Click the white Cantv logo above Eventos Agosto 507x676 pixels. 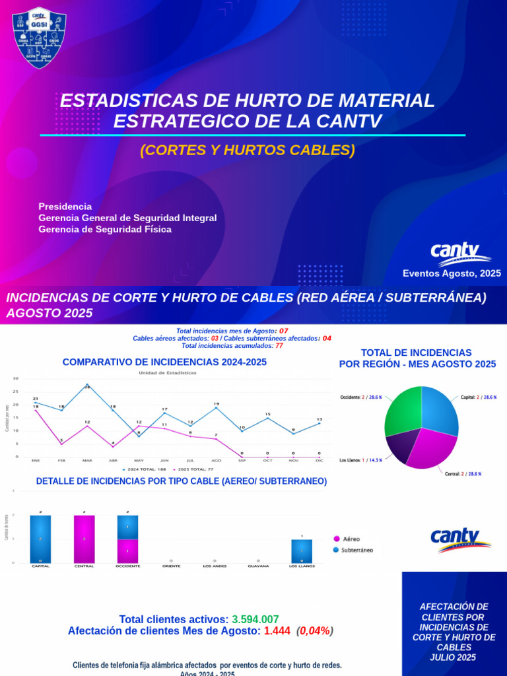pyautogui.click(x=460, y=253)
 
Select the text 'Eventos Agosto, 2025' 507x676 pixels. pyautogui.click(x=452, y=273)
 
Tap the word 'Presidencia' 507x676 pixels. pyautogui.click(x=65, y=206)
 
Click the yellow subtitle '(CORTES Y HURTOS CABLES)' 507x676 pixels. pyautogui.click(x=248, y=151)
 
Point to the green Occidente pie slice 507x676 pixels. pyautogui.click(x=401, y=410)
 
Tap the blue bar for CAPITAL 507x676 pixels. pyautogui.click(x=40, y=539)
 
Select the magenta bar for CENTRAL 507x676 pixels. pyautogui.click(x=84, y=539)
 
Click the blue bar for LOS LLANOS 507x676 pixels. pyautogui.click(x=302, y=551)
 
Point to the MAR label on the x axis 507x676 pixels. pyautogui.click(x=86, y=459)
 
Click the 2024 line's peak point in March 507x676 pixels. pyautogui.click(x=86, y=384)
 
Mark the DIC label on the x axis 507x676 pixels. pyautogui.click(x=319, y=459)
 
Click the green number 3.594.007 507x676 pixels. pyautogui.click(x=255, y=619)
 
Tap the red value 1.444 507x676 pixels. pyautogui.click(x=277, y=631)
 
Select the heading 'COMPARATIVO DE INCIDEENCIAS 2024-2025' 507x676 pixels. pyautogui.click(x=164, y=362)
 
